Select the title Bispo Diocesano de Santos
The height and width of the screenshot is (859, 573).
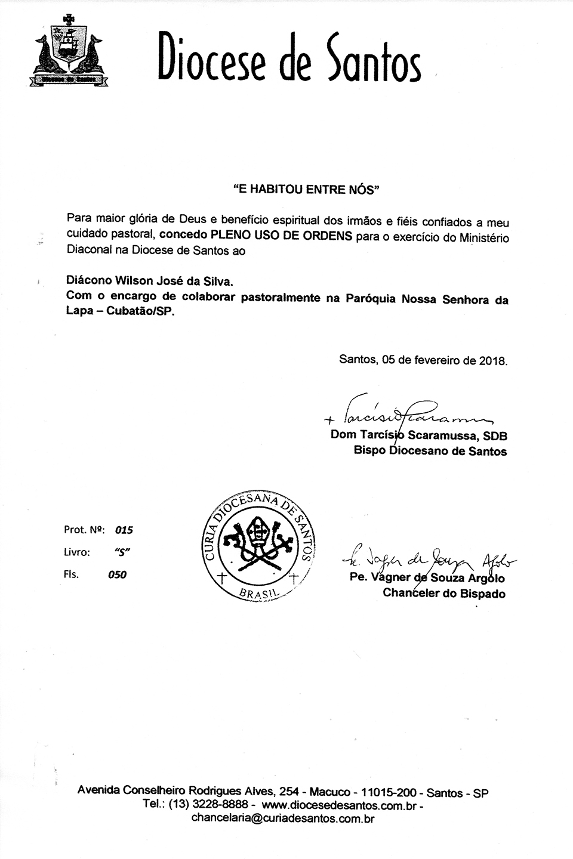pyautogui.click(x=430, y=452)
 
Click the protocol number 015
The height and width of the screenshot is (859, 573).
pyautogui.click(x=124, y=530)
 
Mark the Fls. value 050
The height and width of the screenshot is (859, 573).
pyautogui.click(x=117, y=575)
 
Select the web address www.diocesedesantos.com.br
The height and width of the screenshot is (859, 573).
pyautogui.click(x=338, y=806)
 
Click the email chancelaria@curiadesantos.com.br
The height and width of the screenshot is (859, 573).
pyautogui.click(x=282, y=819)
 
